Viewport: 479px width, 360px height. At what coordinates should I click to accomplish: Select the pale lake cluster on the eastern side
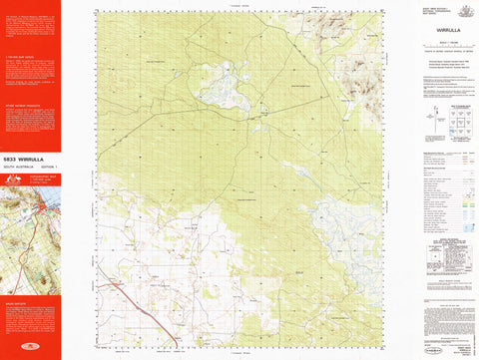pos(334,214)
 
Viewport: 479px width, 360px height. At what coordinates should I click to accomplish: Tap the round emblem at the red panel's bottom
pos(30,348)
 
